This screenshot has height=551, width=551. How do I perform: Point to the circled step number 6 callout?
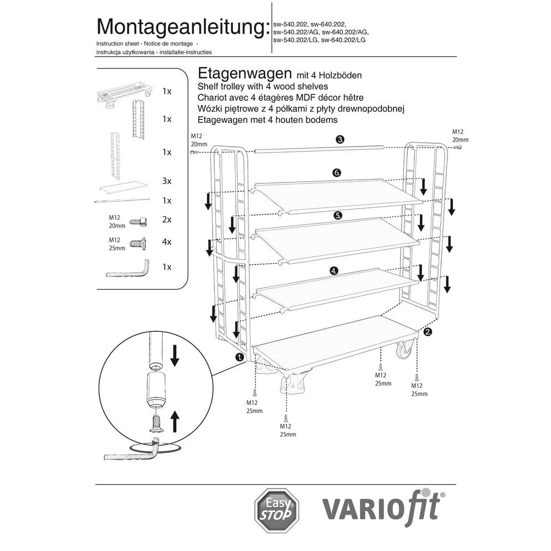tap(337, 173)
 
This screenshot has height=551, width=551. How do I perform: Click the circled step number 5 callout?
tap(338, 215)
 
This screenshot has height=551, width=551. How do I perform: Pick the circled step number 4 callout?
tap(333, 271)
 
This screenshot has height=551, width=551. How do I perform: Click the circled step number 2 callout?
tap(428, 332)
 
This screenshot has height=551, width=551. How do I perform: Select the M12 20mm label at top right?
tap(460, 136)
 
